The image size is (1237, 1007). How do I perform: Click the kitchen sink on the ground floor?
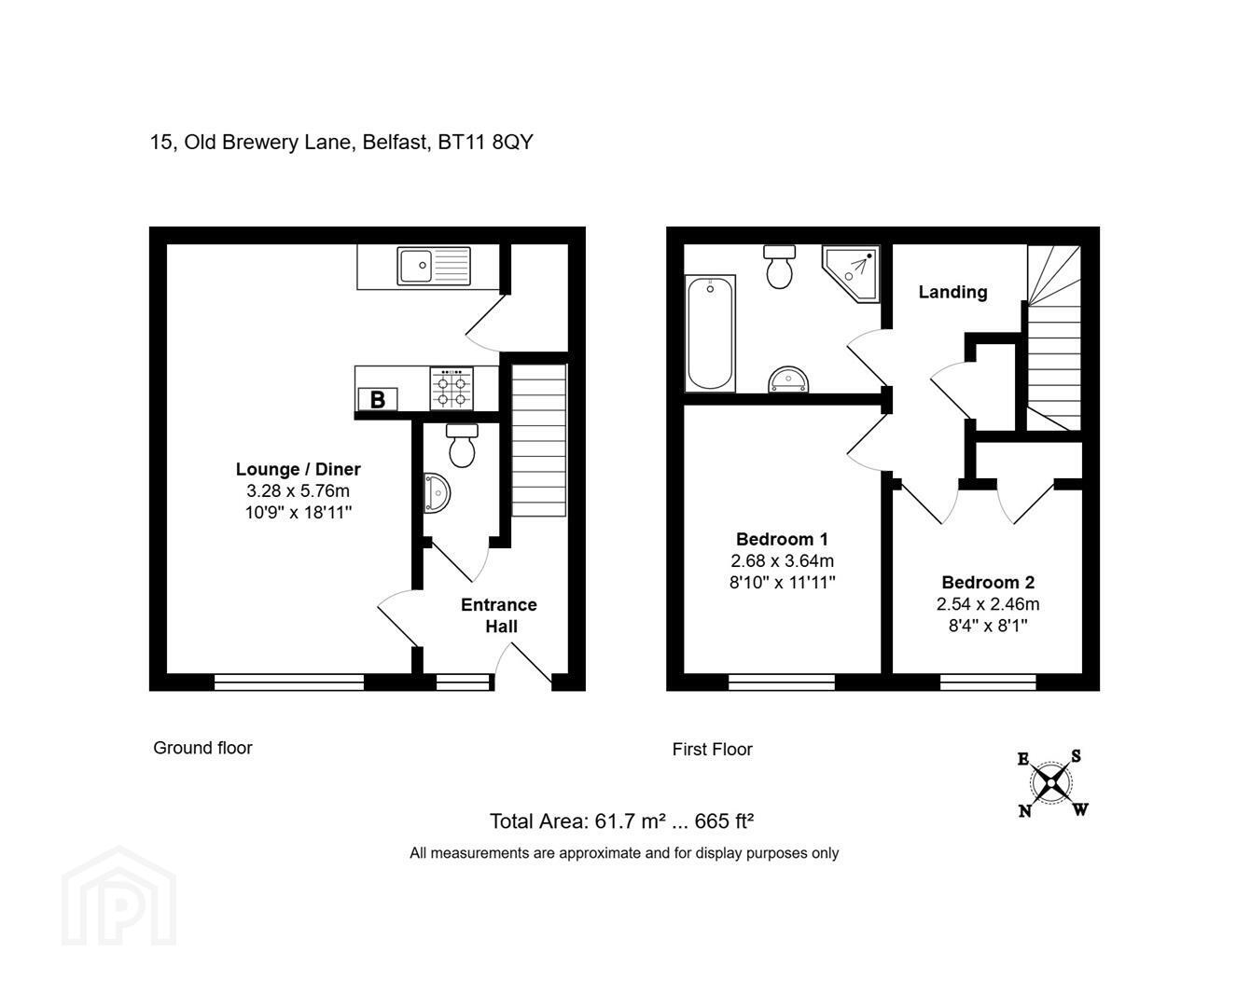pos(434,266)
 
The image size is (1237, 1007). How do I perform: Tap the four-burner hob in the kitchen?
pos(452,388)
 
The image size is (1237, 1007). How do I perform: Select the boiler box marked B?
pos(378,399)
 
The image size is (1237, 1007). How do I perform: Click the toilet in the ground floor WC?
pos(463,445)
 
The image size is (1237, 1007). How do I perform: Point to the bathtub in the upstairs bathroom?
pos(710,334)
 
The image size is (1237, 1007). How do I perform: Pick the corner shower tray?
pos(851,273)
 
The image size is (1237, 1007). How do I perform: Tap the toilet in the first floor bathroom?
pos(779,267)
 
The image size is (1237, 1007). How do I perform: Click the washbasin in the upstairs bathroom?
pos(788,379)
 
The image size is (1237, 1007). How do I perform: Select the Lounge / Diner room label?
pos(298,469)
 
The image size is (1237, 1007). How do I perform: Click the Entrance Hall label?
pos(499,615)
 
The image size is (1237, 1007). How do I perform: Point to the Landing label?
pos(953,291)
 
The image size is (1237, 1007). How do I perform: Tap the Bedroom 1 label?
pos(782,539)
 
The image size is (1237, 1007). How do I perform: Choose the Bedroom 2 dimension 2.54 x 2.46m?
pos(988,604)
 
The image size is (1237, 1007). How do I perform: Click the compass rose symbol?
pos(1050,784)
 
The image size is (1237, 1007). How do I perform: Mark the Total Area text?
pos(621,821)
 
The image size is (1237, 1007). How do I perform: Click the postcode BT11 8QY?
pos(485,143)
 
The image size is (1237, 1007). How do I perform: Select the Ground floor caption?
pos(202,748)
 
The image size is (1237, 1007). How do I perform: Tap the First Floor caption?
pos(712,750)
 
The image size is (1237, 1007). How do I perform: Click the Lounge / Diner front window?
pos(289,682)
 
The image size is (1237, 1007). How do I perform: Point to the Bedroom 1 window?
pos(782,682)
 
